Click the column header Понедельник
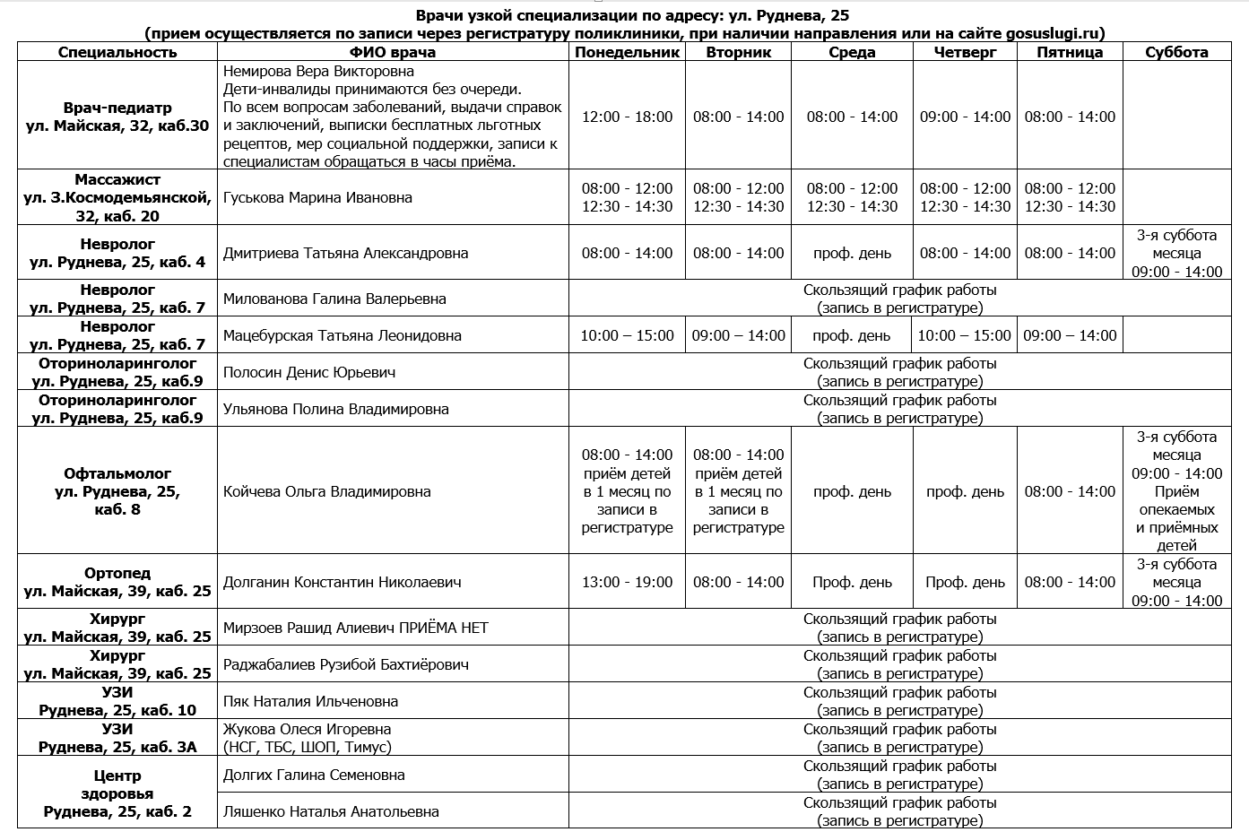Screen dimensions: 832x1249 click(x=628, y=52)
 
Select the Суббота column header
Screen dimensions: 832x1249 click(x=1176, y=52)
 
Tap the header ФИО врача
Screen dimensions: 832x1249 click(x=393, y=52)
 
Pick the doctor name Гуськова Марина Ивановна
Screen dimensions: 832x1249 click(x=317, y=197)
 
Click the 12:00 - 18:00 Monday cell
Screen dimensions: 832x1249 click(x=628, y=117)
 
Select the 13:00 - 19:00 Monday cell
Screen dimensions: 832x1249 click(x=628, y=582)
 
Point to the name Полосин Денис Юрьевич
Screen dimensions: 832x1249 click(x=309, y=372)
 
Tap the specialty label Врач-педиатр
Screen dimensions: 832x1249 click(x=117, y=108)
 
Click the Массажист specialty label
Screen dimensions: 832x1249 click(x=117, y=179)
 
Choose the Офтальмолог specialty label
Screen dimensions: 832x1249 click(x=117, y=473)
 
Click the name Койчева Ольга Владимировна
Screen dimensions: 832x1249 click(x=326, y=491)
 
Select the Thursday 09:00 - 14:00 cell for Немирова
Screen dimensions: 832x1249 click(x=965, y=117)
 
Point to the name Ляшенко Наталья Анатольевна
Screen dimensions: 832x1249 click(x=331, y=811)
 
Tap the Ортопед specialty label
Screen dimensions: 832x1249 click(x=117, y=573)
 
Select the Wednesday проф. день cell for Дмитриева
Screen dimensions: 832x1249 click(x=852, y=253)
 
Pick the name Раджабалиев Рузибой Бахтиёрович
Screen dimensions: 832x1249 click(x=345, y=664)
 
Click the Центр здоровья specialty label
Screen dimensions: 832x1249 click(x=117, y=784)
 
